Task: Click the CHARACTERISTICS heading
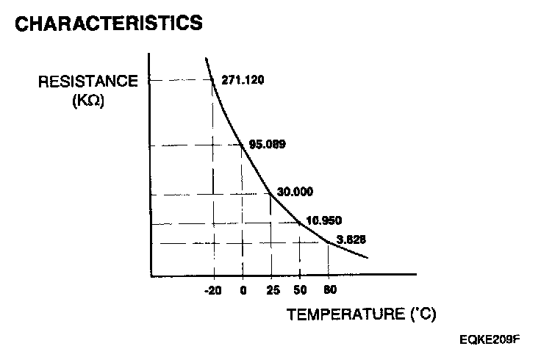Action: coord(109,24)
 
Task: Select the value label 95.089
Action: coord(268,144)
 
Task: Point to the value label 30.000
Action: coord(293,192)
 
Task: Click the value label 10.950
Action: coord(323,220)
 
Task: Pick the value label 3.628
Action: coord(351,239)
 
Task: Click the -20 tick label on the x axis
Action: coord(212,289)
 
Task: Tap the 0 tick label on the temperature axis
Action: coord(243,289)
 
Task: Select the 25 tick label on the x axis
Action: coord(270,289)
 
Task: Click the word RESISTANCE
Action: coord(88,82)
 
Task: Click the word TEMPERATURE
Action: coord(344,315)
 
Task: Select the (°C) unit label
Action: coord(422,315)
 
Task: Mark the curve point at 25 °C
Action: coord(270,194)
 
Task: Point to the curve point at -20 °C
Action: coord(212,81)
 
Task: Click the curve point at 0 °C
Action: coord(243,145)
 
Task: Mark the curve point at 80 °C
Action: coord(328,242)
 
